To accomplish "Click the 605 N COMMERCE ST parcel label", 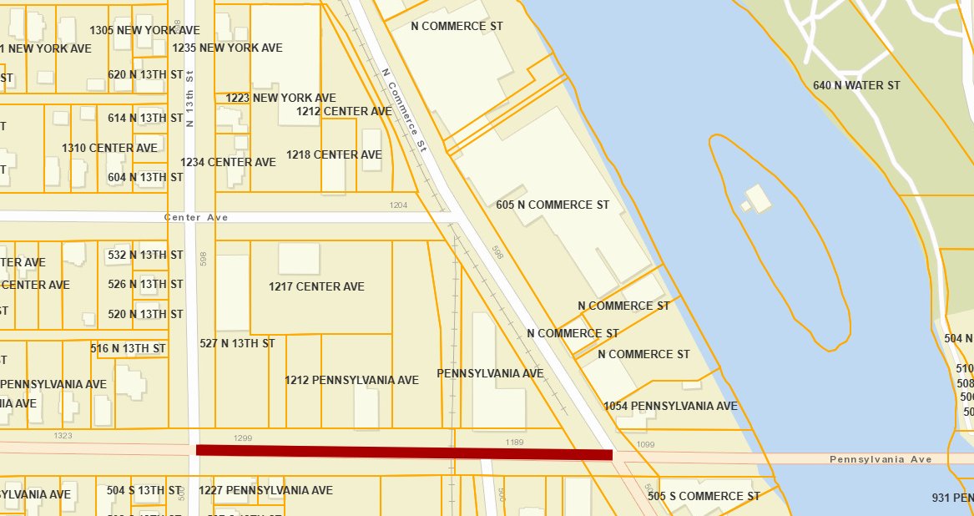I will [x=553, y=205].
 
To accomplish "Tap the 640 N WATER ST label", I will [x=856, y=85].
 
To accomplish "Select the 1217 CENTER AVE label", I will [x=316, y=286].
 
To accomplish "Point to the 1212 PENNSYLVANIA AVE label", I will [x=351, y=380].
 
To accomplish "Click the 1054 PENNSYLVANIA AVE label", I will [x=670, y=406].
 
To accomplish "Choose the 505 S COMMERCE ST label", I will [x=709, y=496].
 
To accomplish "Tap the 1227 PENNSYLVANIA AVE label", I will [x=265, y=490].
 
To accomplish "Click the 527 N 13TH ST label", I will [x=237, y=343].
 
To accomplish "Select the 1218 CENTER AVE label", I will [x=334, y=154].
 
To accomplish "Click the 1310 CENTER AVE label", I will [x=109, y=148].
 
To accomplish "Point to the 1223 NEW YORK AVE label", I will [x=280, y=98].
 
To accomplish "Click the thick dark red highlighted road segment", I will [x=404, y=452].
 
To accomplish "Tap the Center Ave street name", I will [x=196, y=217].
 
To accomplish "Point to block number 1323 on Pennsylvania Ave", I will [x=63, y=436].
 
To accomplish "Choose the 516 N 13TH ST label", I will [x=128, y=348].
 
